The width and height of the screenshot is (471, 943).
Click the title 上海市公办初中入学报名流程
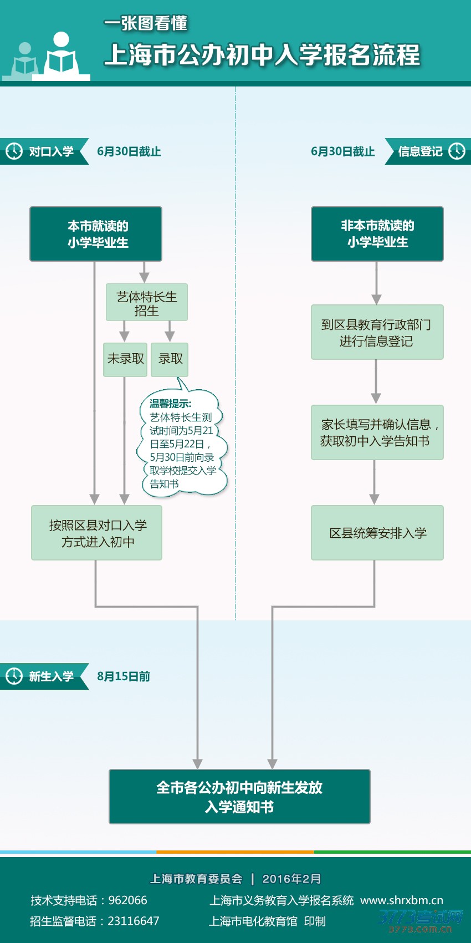click(262, 55)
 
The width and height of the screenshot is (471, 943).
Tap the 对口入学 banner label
click(51, 151)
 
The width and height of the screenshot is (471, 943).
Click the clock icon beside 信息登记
click(457, 151)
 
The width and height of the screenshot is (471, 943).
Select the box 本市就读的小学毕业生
click(96, 234)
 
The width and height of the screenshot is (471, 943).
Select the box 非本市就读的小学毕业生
click(377, 234)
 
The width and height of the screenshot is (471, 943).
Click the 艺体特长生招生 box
click(146, 303)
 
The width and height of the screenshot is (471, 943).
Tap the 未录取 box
click(125, 359)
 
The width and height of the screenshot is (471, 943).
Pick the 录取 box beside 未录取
click(170, 359)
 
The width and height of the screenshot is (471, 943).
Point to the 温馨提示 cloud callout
click(182, 444)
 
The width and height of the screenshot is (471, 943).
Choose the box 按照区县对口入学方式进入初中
click(97, 533)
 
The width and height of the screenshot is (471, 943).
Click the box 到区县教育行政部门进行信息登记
click(377, 332)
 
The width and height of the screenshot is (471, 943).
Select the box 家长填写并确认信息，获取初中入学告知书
click(377, 432)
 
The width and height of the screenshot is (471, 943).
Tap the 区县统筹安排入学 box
click(377, 533)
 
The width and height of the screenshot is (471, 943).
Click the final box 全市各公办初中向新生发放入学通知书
click(239, 797)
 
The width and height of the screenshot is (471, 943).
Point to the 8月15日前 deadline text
click(124, 676)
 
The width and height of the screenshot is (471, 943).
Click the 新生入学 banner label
click(51, 676)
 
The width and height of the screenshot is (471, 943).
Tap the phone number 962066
click(127, 900)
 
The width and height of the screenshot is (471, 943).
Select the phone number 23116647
click(133, 921)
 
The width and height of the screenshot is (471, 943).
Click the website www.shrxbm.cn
click(402, 900)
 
